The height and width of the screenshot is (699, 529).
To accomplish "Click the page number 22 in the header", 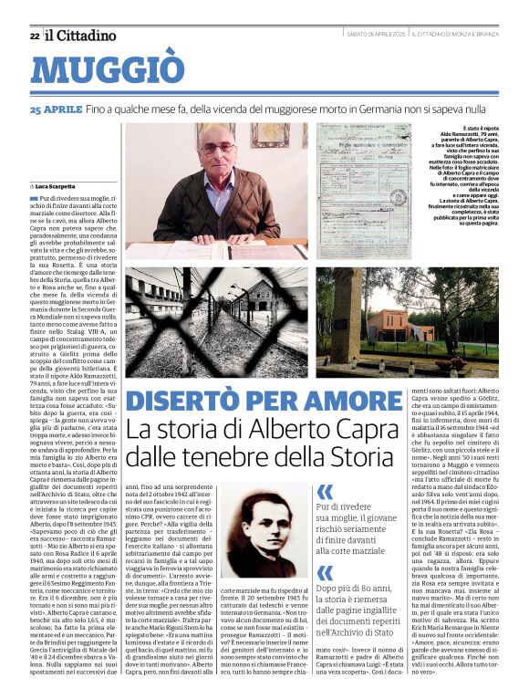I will coord(35,36).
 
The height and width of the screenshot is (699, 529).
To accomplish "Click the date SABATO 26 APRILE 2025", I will coord(375,35).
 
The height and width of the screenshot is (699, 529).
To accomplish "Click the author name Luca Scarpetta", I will coord(62,185).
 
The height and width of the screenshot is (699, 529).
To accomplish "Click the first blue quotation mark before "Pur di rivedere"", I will coord(325,492).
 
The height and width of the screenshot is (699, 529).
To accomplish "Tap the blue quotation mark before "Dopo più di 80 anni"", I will coord(325,572).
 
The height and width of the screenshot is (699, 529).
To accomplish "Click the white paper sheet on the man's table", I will coord(219,245).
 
